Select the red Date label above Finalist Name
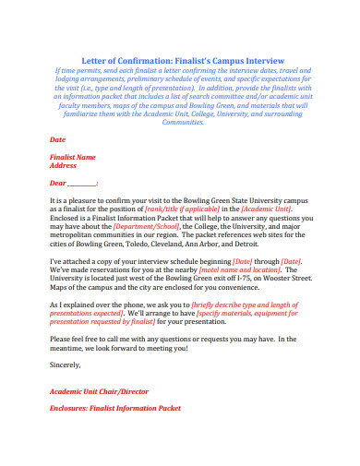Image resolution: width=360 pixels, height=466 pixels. click(x=56, y=139)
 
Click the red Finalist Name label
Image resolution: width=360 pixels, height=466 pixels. click(x=72, y=157)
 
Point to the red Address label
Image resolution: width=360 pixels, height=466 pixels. click(x=63, y=166)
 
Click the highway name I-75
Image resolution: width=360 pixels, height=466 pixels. click(x=243, y=278)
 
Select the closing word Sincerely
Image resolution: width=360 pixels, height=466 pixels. click(x=66, y=364)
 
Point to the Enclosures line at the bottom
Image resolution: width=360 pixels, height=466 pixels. click(x=114, y=407)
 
